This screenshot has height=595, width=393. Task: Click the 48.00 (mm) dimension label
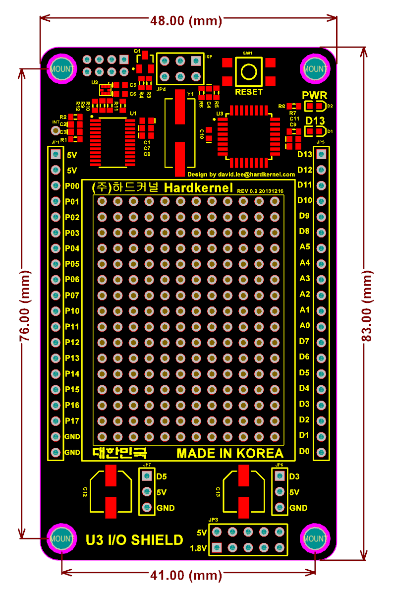(186, 21)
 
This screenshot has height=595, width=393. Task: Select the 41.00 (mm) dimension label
(186, 575)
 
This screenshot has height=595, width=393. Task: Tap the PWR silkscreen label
(314, 95)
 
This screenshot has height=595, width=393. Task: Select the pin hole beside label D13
(321, 155)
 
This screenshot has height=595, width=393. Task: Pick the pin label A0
(305, 325)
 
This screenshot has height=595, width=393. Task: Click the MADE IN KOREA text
(230, 453)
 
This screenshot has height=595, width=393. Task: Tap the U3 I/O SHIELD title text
(134, 540)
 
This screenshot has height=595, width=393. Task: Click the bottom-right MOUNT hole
(315, 538)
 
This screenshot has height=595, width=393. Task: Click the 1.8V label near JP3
(198, 548)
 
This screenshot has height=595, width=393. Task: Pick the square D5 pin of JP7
(146, 476)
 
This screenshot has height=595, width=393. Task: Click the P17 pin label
(72, 420)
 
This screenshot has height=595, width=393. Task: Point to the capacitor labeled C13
(243, 491)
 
